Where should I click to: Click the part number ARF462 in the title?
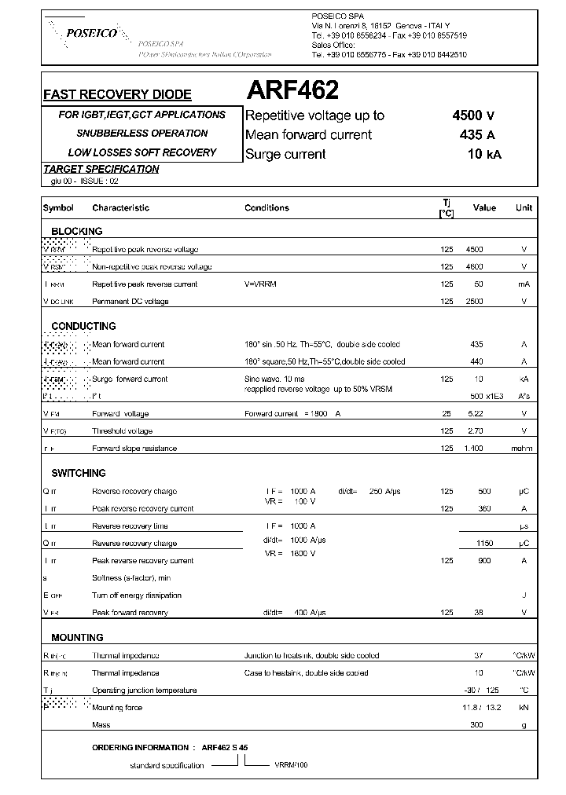(x=292, y=91)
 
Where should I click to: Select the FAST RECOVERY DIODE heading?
(x=117, y=94)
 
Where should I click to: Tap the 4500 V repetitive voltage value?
(x=473, y=115)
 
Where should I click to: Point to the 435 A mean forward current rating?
(x=477, y=134)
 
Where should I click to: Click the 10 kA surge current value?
(x=483, y=154)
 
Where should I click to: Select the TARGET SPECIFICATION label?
(x=101, y=169)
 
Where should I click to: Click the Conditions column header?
(x=266, y=208)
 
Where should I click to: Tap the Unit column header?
(x=524, y=208)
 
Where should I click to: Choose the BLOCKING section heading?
(x=77, y=231)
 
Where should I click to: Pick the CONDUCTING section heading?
(x=83, y=326)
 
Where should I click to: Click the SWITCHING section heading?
(x=79, y=474)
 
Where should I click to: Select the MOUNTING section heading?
(x=77, y=638)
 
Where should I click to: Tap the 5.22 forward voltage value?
(x=475, y=413)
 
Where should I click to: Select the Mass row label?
(x=101, y=725)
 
